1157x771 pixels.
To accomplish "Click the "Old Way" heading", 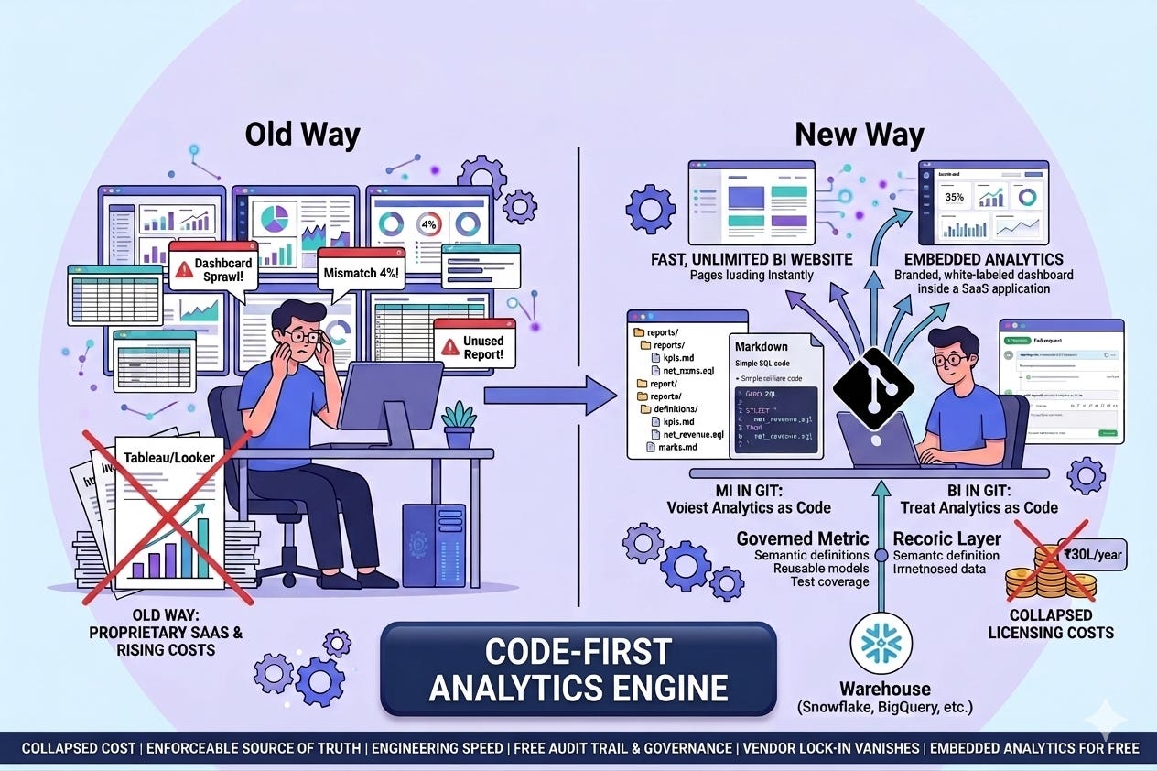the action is point(302,135).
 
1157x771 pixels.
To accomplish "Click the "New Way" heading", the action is point(859,135).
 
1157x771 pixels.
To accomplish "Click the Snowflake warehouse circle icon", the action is point(884,645).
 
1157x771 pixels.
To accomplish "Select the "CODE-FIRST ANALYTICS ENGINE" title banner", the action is point(578,668).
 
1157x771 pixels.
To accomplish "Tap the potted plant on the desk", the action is point(458,423).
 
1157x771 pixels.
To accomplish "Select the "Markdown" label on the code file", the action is point(762,348).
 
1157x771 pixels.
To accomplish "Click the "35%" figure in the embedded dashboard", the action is point(952,197).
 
